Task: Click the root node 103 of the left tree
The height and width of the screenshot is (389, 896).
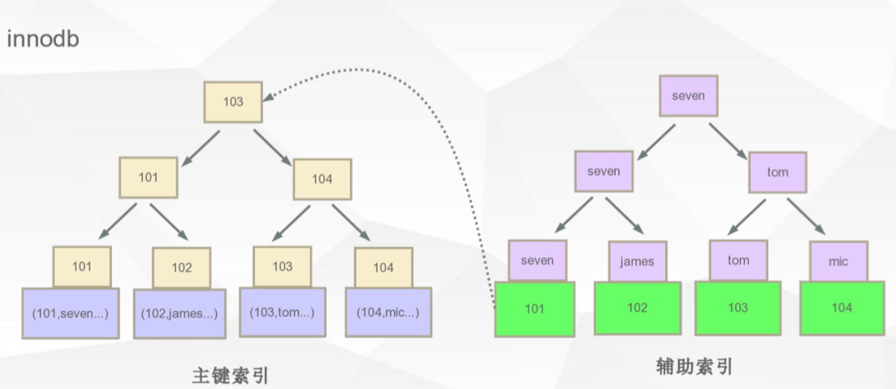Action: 232,103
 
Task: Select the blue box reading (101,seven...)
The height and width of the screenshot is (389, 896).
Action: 70,312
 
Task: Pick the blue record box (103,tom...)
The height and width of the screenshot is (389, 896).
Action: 281,312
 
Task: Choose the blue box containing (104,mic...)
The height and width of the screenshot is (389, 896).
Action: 383,313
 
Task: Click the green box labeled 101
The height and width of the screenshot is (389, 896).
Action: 535,309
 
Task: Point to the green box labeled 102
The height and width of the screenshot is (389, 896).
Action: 637,309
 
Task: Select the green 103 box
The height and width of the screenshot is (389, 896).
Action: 738,309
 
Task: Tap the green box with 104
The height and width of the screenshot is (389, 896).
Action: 841,309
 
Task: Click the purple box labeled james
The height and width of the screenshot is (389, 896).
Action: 637,261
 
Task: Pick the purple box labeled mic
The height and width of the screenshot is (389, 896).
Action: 839,261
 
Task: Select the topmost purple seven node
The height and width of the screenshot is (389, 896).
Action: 688,97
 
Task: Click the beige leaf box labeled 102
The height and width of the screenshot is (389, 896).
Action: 182,267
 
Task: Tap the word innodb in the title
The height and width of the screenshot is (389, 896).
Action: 42,40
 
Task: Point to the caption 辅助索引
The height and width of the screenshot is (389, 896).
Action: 694,367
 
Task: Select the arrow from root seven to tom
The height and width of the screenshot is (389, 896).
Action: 727,141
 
